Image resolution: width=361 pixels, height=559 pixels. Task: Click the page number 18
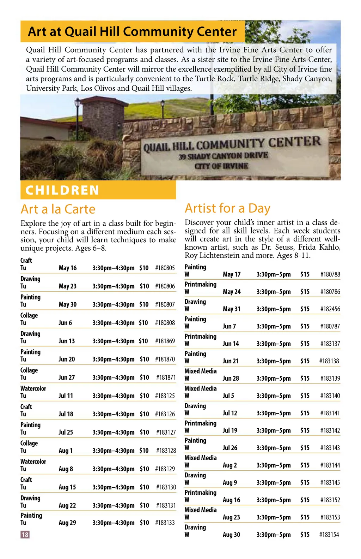[25, 534]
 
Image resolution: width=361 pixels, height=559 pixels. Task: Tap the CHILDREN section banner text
[62, 190]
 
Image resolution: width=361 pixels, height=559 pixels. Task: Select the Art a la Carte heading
[58, 209]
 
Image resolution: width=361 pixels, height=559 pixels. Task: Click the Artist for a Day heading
[227, 208]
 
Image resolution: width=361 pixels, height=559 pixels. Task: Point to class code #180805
[165, 268]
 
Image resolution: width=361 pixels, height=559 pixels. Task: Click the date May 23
[68, 286]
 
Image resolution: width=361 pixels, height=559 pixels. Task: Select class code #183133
[165, 523]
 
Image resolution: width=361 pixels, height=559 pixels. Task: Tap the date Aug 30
[231, 535]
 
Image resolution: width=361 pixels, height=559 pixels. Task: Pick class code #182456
[330, 309]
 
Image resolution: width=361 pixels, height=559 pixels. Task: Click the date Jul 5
[228, 396]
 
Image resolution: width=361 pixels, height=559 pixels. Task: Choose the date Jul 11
[66, 396]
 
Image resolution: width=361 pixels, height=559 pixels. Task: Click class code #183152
[330, 500]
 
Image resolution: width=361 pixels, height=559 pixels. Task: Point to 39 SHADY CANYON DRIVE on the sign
[223, 156]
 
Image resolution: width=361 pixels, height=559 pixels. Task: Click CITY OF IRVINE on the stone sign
[221, 166]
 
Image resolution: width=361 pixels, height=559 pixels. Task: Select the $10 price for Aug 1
[144, 451]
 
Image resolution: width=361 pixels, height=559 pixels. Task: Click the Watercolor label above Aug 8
[33, 461]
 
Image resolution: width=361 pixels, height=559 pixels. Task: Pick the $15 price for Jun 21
[305, 361]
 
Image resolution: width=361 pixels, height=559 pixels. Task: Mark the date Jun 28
[231, 378]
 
